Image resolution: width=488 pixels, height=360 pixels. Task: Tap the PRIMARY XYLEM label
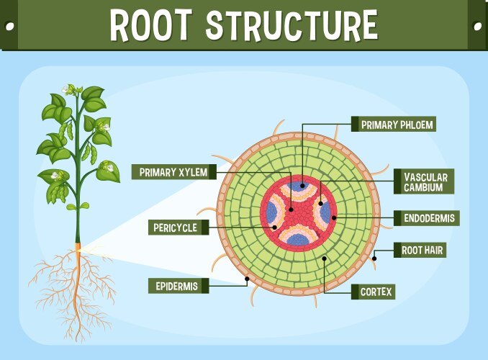pyautogui.click(x=173, y=171)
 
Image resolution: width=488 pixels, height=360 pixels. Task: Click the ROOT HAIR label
pyautogui.click(x=423, y=251)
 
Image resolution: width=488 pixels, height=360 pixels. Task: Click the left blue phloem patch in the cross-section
pyautogui.click(x=271, y=212)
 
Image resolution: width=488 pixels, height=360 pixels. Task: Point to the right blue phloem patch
pyautogui.click(x=325, y=212)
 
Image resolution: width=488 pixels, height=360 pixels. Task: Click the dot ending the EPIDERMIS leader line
pyautogui.click(x=248, y=278)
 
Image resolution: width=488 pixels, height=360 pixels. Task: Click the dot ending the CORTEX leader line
pyautogui.click(x=325, y=257)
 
